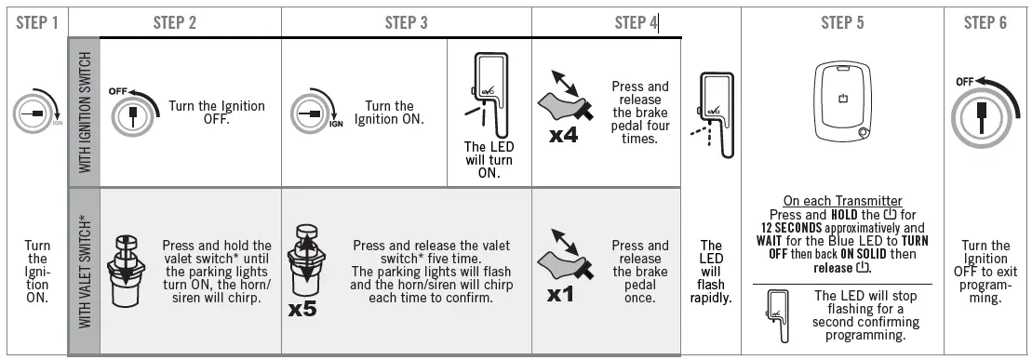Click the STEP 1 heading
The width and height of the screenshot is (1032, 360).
tap(37, 23)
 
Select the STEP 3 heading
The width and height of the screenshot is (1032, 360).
tap(406, 23)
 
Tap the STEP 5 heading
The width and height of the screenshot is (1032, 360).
tap(842, 23)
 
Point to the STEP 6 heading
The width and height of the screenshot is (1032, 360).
tap(985, 23)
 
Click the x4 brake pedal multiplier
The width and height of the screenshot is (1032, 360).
tap(563, 136)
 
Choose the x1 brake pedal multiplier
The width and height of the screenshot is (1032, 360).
tap(560, 294)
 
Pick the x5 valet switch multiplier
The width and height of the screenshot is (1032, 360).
tap(302, 308)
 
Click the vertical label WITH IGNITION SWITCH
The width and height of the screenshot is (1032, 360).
tap(85, 113)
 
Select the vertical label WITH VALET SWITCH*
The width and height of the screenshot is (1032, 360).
tap(85, 271)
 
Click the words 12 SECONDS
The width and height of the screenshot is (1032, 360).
tap(788, 228)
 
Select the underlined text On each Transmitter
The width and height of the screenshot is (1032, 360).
tap(842, 201)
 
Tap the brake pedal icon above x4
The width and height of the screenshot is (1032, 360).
tap(566, 96)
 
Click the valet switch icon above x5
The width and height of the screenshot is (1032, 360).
tap(304, 262)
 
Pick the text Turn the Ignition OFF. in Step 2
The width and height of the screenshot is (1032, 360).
tap(217, 113)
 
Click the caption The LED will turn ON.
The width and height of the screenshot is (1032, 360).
tap(489, 160)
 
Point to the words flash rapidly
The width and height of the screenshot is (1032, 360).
tap(711, 291)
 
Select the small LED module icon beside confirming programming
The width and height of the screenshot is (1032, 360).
tap(779, 316)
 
